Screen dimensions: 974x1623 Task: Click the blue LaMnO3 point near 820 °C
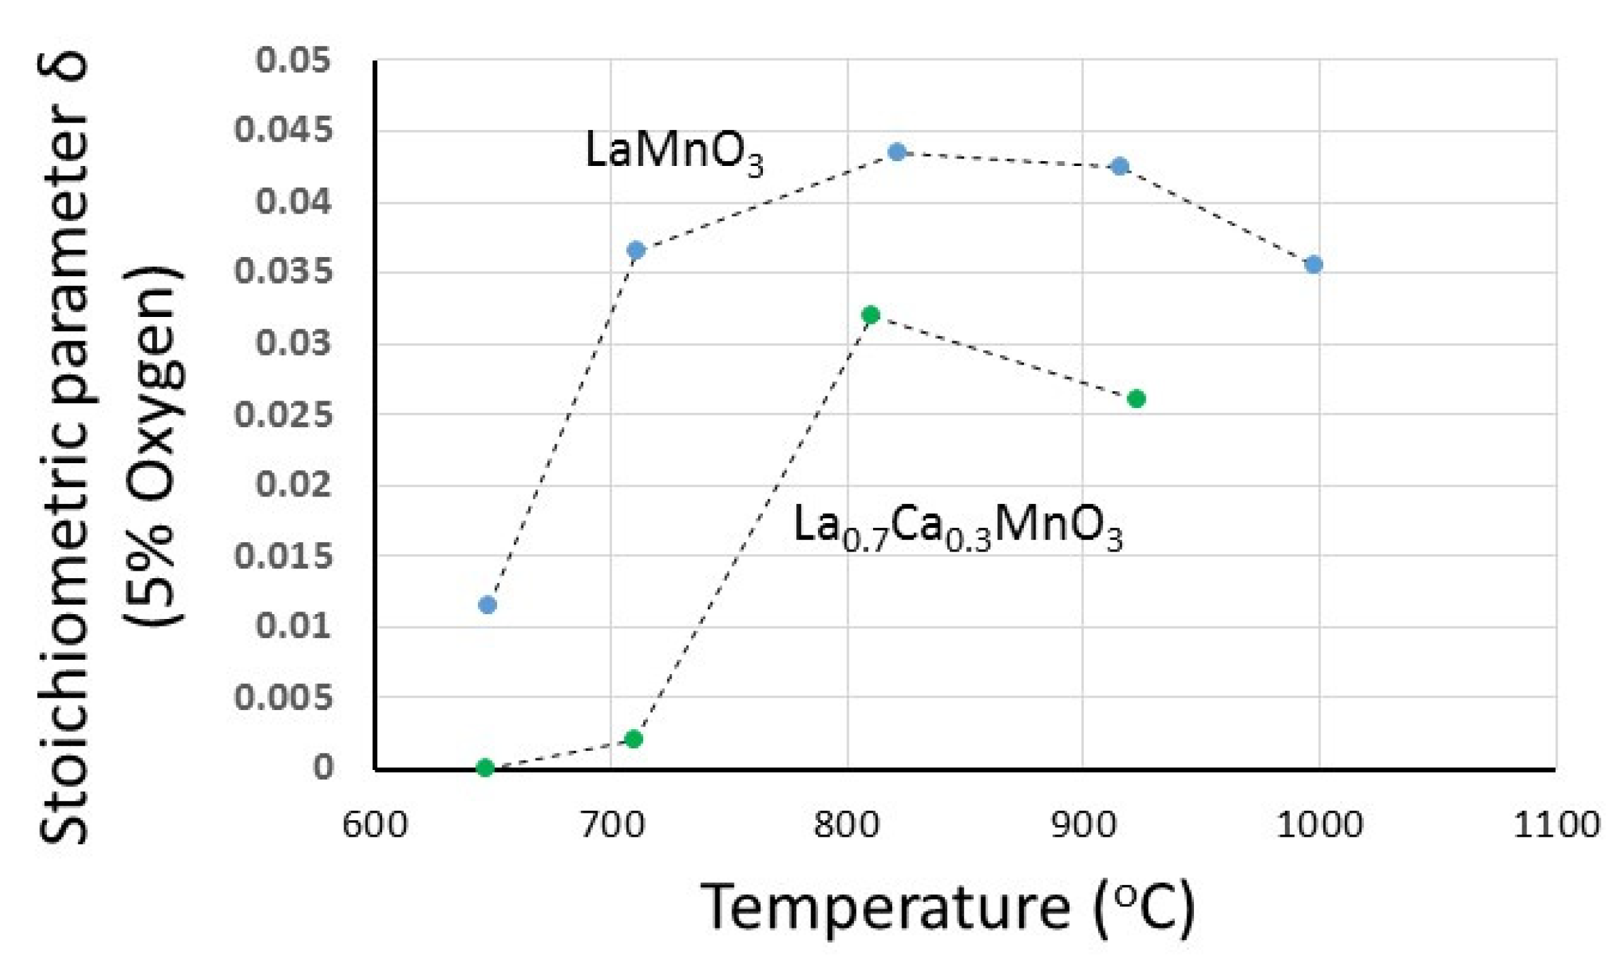(x=897, y=152)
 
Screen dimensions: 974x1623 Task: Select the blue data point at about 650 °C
(x=487, y=604)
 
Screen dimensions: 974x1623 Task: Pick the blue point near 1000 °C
(x=1314, y=265)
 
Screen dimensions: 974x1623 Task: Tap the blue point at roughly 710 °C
(x=636, y=250)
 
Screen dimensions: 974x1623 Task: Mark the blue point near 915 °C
(x=1120, y=166)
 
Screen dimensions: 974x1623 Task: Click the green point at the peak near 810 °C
(x=870, y=315)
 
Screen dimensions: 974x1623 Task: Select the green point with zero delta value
(x=485, y=768)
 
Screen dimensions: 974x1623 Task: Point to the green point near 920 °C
(x=1136, y=399)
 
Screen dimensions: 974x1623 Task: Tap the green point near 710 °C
(x=633, y=739)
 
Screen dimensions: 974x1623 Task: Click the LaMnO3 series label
(x=673, y=151)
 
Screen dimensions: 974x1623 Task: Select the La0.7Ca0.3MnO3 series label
(x=957, y=527)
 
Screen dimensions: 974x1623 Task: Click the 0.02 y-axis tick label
(x=294, y=484)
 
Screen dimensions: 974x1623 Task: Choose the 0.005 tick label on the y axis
(x=284, y=697)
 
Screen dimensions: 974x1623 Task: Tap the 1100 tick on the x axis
(x=1556, y=824)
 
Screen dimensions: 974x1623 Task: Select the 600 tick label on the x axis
(x=375, y=824)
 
